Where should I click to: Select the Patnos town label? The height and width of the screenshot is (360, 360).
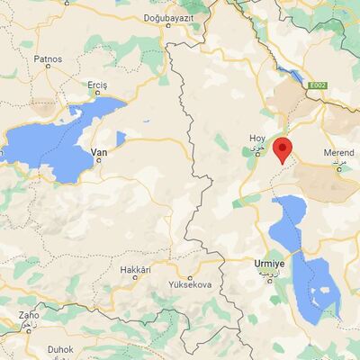pos(48,59)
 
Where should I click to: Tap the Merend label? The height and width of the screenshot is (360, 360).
pos(339,155)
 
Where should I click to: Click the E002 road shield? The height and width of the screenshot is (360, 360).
pos(316,85)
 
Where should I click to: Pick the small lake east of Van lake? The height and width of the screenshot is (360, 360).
pos(121,138)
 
